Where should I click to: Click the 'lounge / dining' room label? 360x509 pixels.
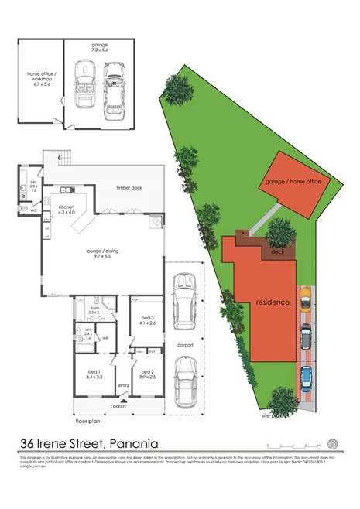97,251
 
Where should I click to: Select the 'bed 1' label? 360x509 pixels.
94,374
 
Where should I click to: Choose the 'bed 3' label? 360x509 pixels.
149,318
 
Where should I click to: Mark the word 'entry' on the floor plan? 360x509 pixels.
123,386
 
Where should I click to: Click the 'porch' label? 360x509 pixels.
119,405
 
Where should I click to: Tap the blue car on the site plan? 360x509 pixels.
307,377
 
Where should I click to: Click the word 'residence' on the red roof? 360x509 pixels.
273,303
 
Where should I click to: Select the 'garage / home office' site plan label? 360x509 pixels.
293,180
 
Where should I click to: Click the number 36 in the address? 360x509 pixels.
27,444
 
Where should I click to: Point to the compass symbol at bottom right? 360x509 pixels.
333,444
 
